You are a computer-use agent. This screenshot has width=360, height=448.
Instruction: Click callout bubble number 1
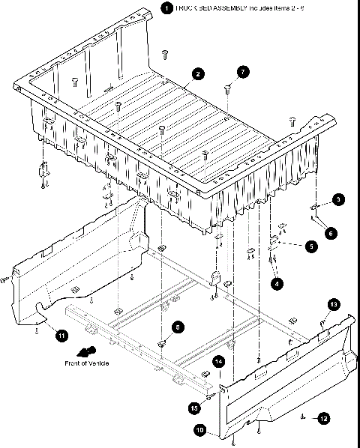(x=165, y=8)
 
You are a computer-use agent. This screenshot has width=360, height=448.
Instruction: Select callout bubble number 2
(x=196, y=73)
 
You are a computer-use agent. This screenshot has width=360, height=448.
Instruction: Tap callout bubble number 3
(x=338, y=199)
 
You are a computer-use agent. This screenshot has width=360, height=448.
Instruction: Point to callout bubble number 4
(x=277, y=284)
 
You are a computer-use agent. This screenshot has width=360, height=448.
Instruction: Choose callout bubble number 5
(x=310, y=245)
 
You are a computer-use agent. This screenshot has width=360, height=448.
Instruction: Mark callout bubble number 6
(x=331, y=233)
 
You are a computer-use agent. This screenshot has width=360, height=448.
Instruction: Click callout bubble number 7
(x=242, y=72)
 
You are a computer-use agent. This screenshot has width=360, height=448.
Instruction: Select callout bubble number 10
(x=200, y=430)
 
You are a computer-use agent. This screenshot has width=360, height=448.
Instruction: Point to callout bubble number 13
(x=334, y=303)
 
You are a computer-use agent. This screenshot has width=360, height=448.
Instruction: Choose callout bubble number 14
(x=218, y=361)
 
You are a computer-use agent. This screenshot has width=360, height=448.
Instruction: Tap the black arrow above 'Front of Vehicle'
(x=88, y=351)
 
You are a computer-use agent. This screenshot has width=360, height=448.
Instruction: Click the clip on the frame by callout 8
(x=161, y=344)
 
